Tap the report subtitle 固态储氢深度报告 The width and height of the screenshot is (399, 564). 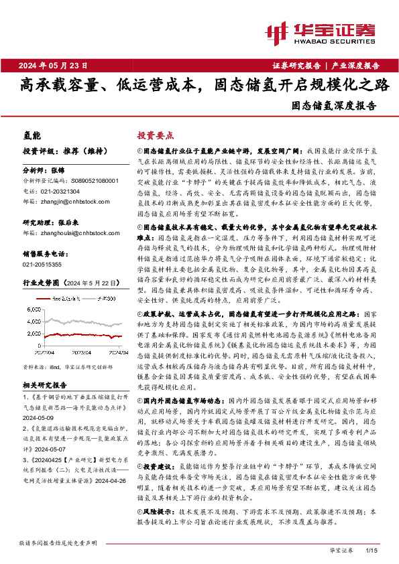(334, 105)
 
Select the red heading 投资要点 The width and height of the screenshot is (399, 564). (156, 134)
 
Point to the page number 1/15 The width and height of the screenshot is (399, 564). (371, 550)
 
